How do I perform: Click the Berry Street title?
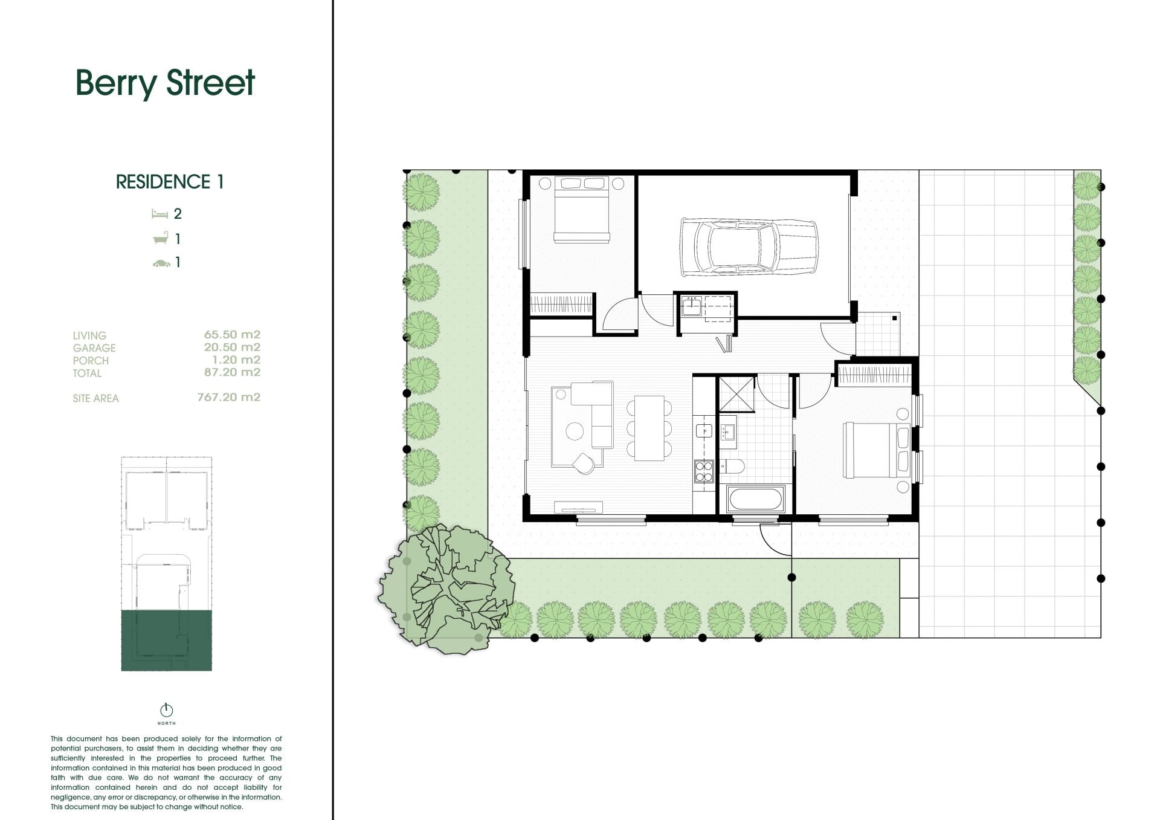tap(165, 83)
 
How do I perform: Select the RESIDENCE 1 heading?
tap(170, 182)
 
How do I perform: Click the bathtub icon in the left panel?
tap(159, 239)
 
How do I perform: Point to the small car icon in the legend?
tap(161, 263)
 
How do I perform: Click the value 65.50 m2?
tap(232, 334)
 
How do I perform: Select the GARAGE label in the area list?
tap(94, 348)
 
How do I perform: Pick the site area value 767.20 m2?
tap(228, 397)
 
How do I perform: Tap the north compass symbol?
tap(167, 710)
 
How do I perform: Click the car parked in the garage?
tap(749, 247)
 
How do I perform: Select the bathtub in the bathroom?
tap(756, 500)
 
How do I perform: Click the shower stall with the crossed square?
tap(737, 393)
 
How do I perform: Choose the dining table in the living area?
tap(649, 428)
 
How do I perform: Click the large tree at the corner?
tap(447, 589)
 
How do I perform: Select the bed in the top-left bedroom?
tap(581, 210)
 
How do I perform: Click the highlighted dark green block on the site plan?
tap(167, 641)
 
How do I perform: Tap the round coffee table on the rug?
tap(575, 431)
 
